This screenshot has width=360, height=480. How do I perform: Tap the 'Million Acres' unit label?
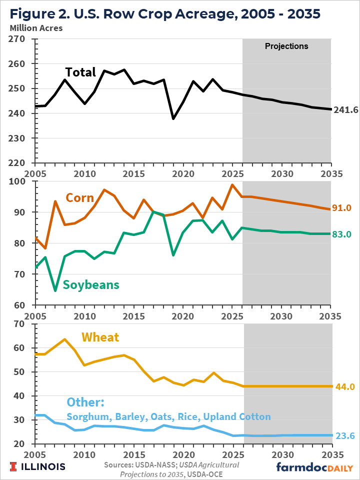[36, 28]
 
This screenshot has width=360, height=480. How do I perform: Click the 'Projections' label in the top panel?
[286, 46]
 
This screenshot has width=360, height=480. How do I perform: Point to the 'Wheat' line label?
[100, 337]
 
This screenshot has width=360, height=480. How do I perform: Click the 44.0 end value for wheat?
[344, 386]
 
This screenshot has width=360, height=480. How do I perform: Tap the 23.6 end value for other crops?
[344, 436]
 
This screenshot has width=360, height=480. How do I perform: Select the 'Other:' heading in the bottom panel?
[86, 403]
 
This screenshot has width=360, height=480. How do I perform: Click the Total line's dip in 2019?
[173, 118]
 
